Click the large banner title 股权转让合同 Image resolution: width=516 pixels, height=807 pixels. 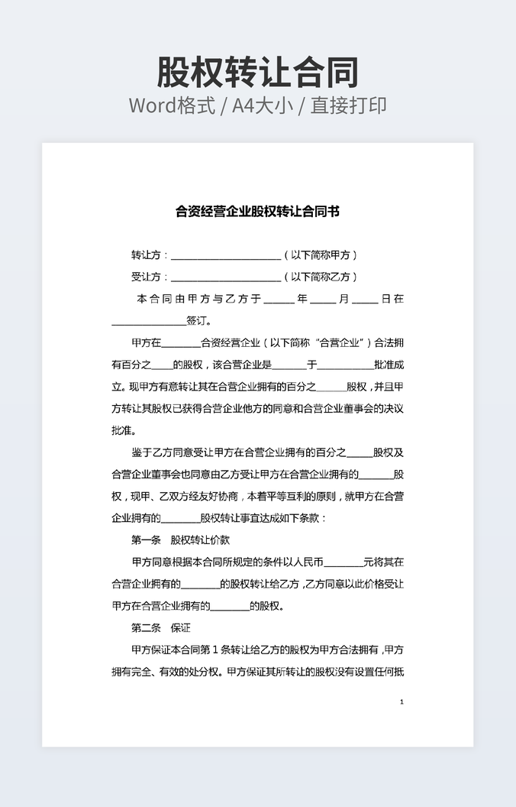[x=258, y=73]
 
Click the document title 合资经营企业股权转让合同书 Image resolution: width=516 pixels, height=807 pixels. [x=257, y=212]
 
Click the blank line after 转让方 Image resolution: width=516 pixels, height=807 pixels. [x=226, y=257]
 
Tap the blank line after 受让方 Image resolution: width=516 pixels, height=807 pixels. [x=226, y=278]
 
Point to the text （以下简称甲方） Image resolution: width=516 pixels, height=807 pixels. [x=320, y=255]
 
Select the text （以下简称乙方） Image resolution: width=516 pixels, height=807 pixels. [x=320, y=277]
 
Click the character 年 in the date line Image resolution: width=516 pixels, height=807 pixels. [x=302, y=299]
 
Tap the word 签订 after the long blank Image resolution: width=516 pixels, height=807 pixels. [x=196, y=321]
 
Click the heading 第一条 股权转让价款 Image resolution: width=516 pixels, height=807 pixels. [x=180, y=540]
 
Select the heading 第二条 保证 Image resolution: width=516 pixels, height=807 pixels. [x=160, y=629]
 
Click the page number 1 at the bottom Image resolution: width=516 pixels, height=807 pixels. [x=402, y=702]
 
